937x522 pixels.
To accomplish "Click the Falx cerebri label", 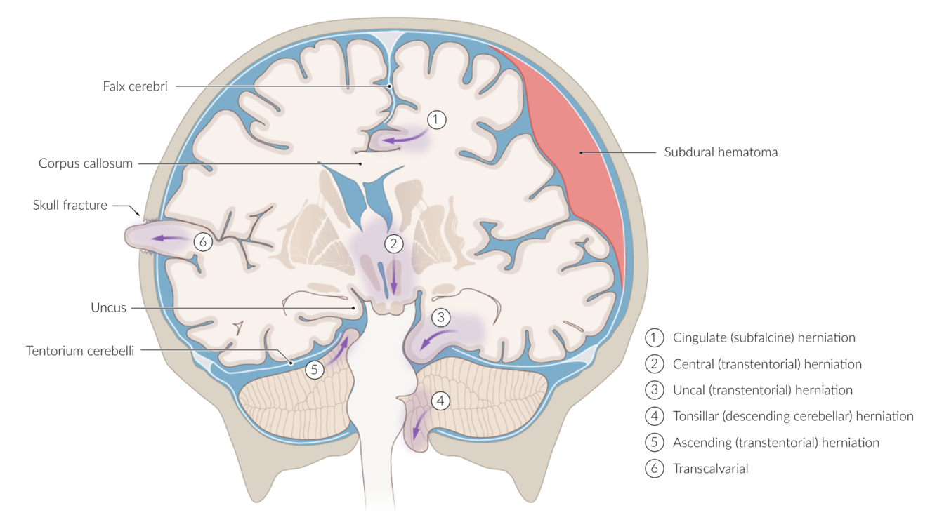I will pos(135,87).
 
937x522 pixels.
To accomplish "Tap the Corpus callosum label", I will pos(86,163).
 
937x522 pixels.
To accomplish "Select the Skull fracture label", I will pos(70,206).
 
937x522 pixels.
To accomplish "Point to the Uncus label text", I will pos(108,307).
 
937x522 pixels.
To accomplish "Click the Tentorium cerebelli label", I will pos(80,349).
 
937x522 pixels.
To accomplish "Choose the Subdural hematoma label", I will pos(721,152).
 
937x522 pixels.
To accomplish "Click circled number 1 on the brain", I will pos(436,120).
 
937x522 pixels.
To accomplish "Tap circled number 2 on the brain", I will pos(393,243).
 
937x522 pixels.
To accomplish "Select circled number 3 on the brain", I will pos(440,317).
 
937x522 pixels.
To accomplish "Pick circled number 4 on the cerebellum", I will pos(440,401).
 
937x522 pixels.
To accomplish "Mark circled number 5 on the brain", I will pos(314,370).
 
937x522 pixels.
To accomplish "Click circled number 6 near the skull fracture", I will pos(202,242).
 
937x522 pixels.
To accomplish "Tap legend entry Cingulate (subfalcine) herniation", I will pos(764,337).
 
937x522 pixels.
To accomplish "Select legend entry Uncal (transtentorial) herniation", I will pos(762,390).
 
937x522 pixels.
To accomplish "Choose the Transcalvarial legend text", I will pos(710,469).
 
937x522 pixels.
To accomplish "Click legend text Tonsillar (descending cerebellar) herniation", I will pos(792,416).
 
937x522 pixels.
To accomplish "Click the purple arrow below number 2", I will pos(393,278).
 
